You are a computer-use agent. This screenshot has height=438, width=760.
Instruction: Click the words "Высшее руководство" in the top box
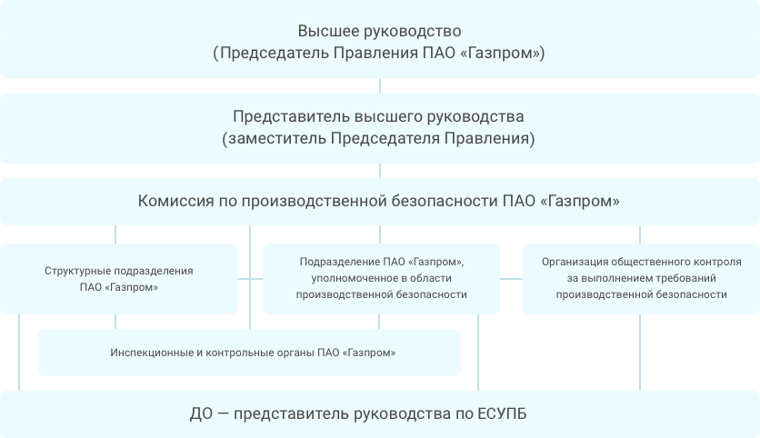379,31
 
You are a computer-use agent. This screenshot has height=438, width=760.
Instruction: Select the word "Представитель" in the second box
291,116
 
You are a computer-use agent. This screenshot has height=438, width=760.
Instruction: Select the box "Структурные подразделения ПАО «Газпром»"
118,279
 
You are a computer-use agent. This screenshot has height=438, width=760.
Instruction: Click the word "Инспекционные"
152,353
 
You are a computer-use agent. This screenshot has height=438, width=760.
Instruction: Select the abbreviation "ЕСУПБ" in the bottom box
502,413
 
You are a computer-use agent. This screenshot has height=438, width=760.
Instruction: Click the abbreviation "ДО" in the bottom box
201,413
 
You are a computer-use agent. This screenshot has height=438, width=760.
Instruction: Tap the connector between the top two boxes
380,85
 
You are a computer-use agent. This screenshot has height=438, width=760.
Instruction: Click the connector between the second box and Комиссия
380,171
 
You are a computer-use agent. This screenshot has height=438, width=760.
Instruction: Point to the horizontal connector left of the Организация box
511,279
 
